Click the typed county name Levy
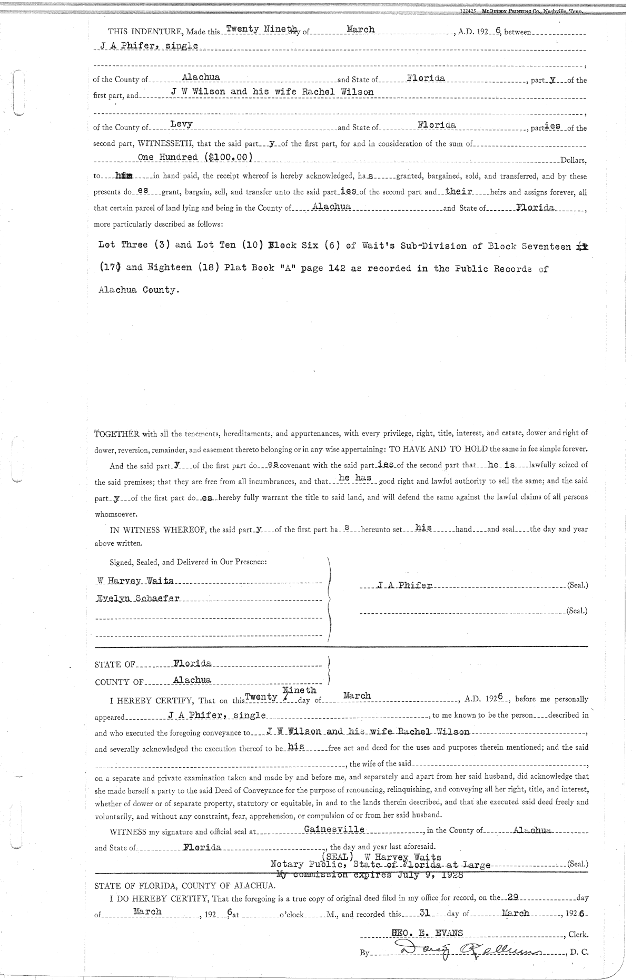(181, 124)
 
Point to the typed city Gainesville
(334, 829)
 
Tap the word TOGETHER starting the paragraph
(116, 434)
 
